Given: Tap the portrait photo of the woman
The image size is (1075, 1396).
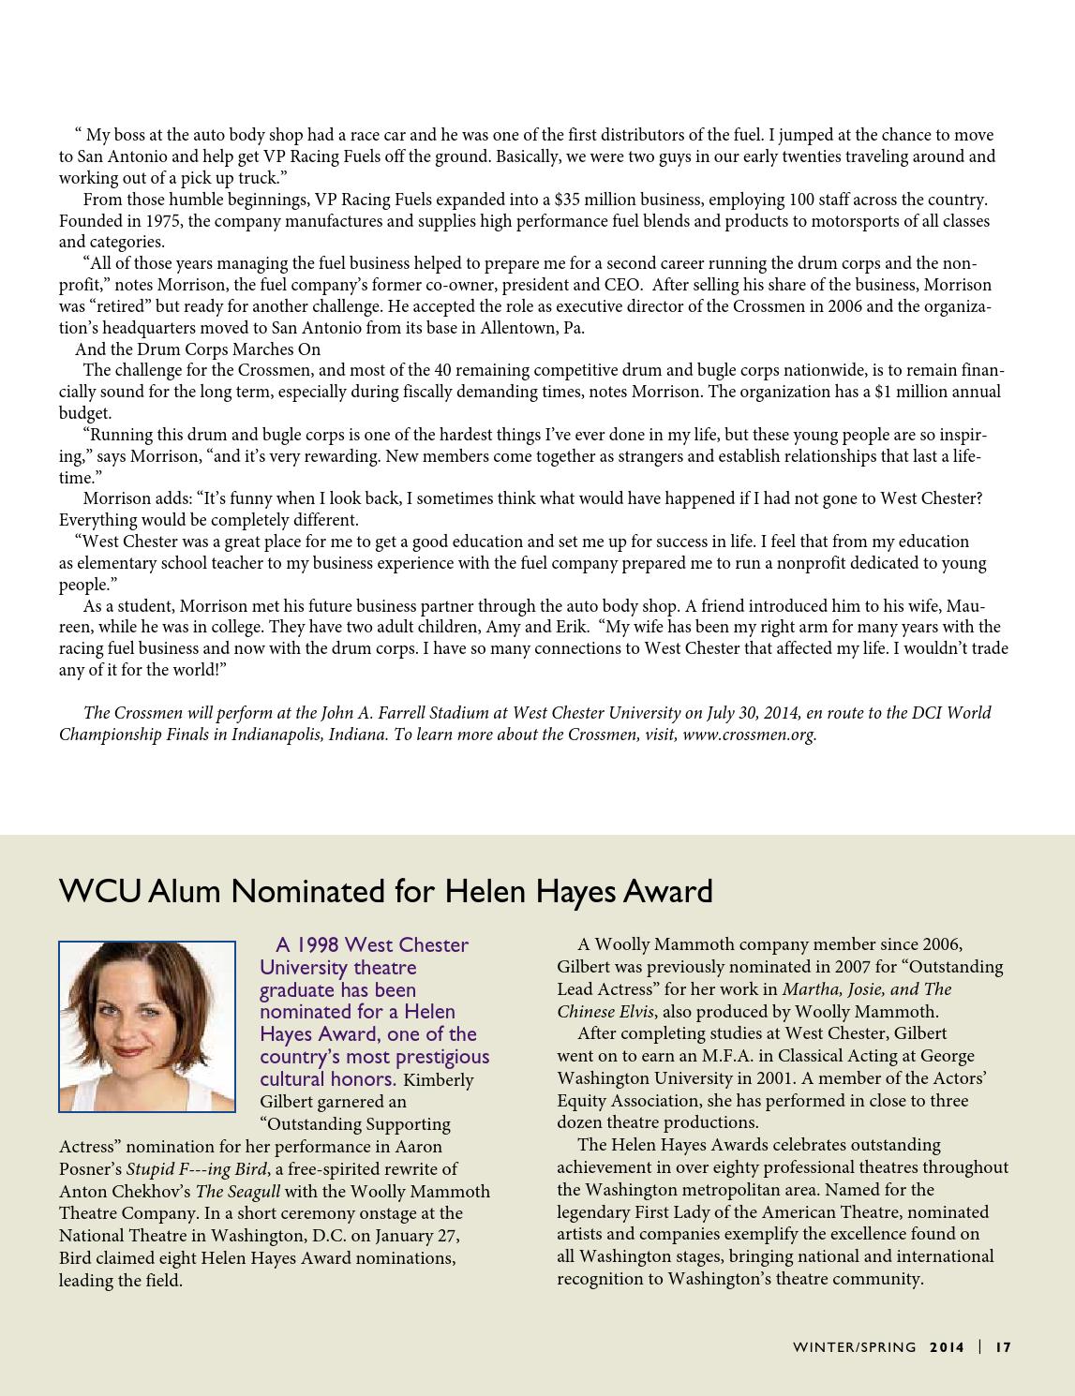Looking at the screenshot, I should pos(147,1026).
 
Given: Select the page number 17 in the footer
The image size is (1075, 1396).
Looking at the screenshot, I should pos(1003,1347).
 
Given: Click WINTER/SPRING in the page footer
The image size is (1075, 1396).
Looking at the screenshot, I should pos(854,1347).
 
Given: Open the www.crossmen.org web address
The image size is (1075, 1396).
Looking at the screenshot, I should pos(749,735).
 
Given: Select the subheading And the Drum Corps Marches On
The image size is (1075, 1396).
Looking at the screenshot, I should pos(198,349).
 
